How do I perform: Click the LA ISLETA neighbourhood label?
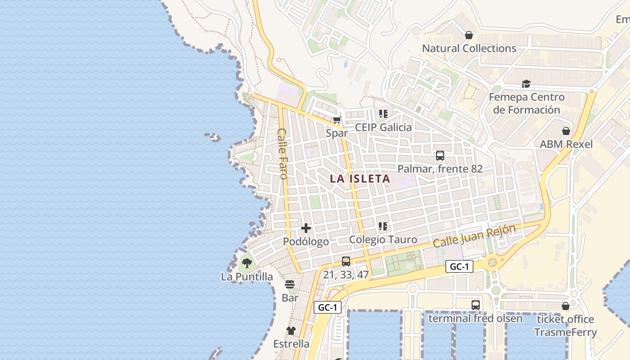point(360,179)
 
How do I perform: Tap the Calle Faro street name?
point(282,153)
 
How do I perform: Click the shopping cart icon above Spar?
point(337,120)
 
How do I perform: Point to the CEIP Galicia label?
point(383,127)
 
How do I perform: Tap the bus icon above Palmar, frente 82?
point(440,156)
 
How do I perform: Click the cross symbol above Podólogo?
point(306,228)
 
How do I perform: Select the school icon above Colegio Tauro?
point(383,226)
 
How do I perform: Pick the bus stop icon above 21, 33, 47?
point(346,261)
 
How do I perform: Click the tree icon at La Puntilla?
point(247,263)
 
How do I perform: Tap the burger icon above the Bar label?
point(290,284)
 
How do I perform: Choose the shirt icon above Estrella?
point(291,331)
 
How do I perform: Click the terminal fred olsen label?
point(475,319)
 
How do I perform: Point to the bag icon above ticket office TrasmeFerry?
point(566,306)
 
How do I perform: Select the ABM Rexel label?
point(566,144)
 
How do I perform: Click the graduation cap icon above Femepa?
point(526,84)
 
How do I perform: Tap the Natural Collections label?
point(469,49)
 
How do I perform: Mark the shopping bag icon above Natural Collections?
point(469,35)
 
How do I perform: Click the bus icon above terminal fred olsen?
point(476,305)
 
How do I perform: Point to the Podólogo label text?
point(306,242)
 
